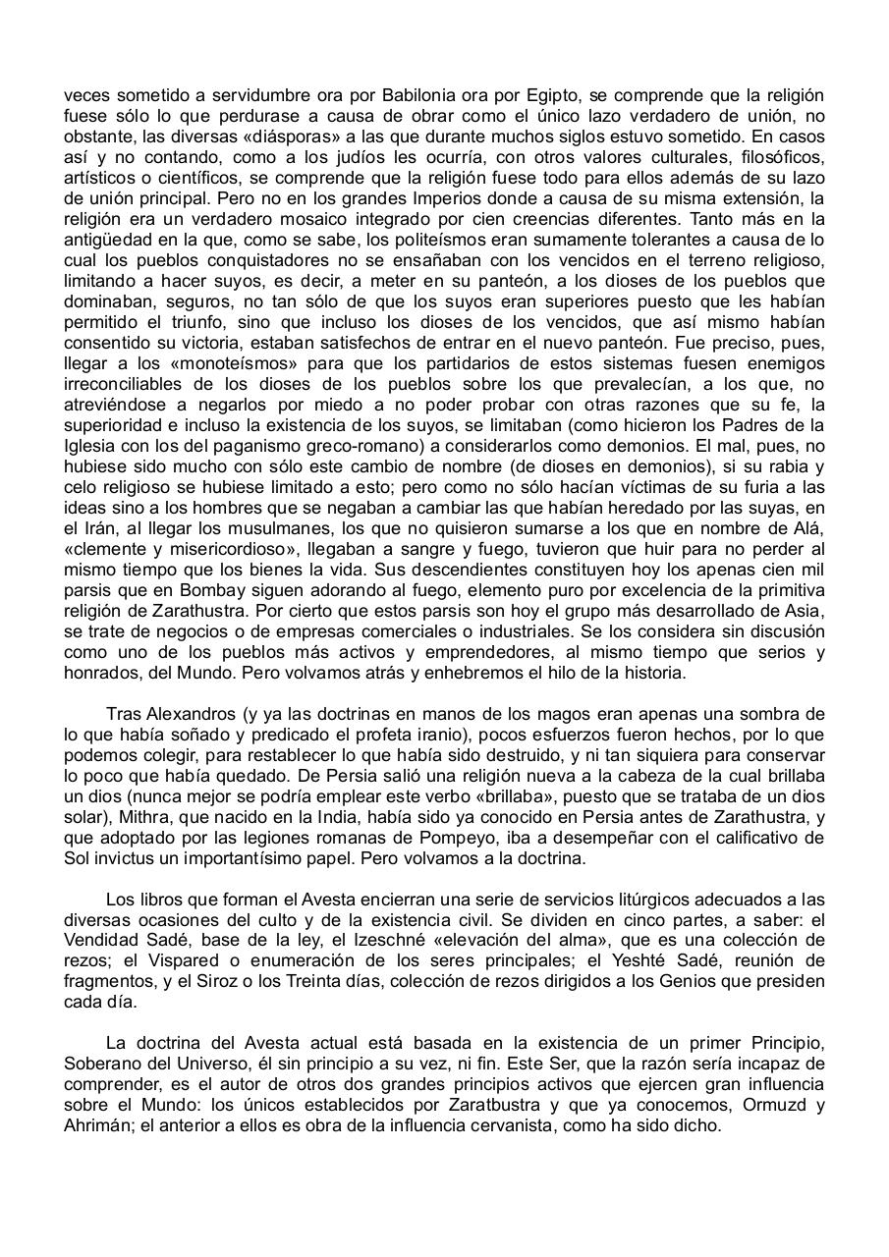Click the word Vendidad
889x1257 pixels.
pyautogui.click(x=101, y=920)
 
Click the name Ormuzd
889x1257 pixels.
pyautogui.click(x=769, y=1106)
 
